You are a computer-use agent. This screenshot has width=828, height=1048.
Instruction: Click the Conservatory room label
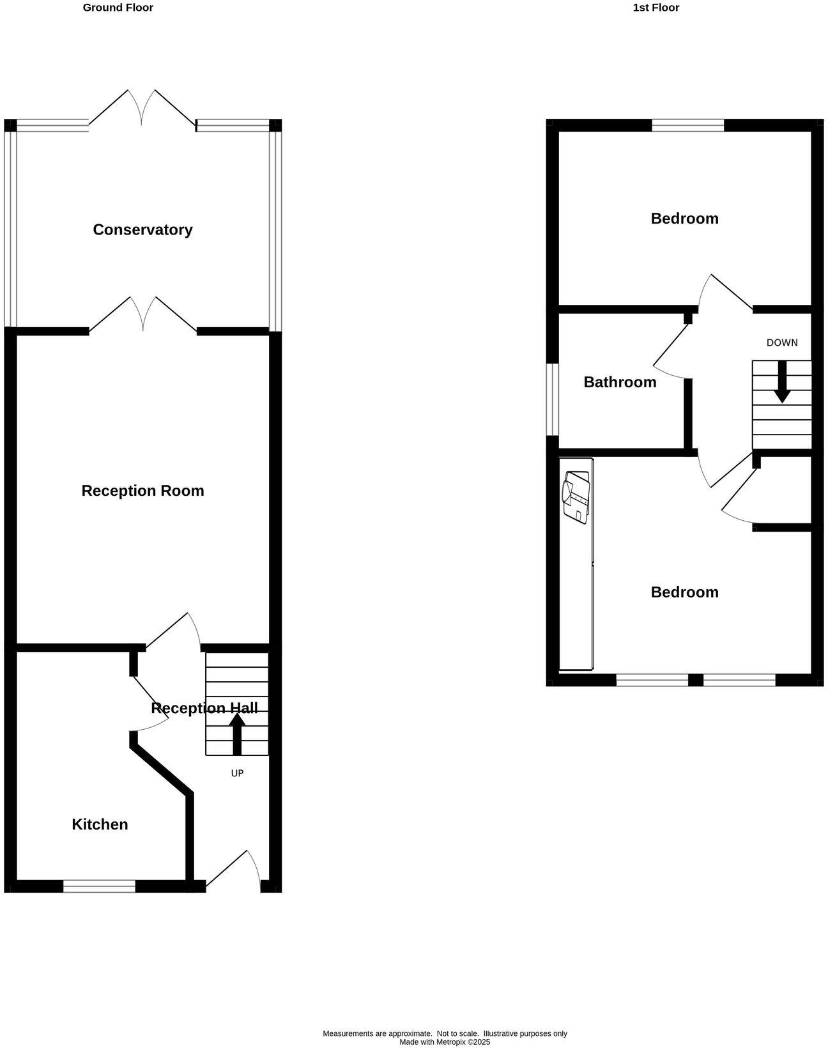click(x=142, y=230)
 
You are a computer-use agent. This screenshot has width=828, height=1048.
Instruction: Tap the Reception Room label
click(x=142, y=491)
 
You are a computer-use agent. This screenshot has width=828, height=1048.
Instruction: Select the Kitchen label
click(x=100, y=824)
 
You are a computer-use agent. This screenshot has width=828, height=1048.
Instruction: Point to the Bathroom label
click(x=620, y=382)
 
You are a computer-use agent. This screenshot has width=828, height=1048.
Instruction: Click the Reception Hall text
click(x=204, y=708)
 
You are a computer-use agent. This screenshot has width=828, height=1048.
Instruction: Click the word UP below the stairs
click(x=237, y=773)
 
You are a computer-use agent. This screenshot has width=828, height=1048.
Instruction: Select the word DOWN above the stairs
click(x=782, y=343)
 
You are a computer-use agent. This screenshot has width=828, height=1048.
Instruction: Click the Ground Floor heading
click(x=118, y=8)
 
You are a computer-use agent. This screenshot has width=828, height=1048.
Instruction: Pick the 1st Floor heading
click(x=656, y=8)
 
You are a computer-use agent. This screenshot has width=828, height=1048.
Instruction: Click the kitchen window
click(x=99, y=886)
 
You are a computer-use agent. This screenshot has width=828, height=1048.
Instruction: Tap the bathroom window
click(x=553, y=399)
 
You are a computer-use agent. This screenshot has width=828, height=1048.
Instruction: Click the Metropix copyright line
click(x=445, y=1042)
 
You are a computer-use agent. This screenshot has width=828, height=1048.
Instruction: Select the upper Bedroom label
click(x=684, y=219)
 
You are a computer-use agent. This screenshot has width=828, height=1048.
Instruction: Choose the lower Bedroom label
click(x=684, y=592)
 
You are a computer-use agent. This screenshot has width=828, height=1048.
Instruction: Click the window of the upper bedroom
click(x=688, y=125)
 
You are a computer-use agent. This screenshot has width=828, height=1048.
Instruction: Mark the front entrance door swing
click(x=234, y=870)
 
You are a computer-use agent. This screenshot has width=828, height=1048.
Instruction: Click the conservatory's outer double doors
click(x=142, y=107)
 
